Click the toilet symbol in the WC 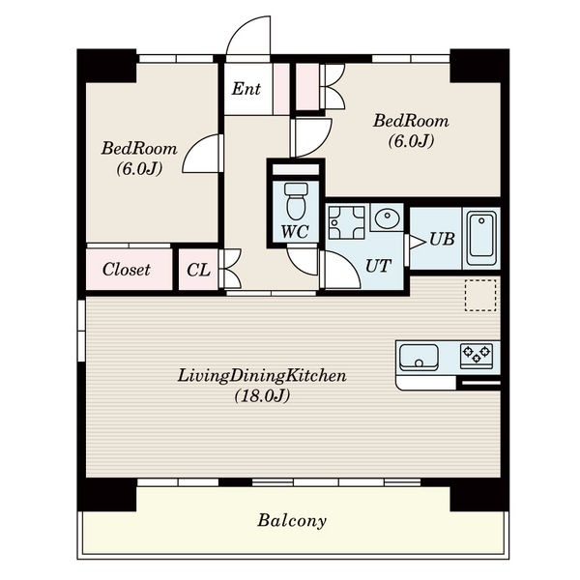[295, 201]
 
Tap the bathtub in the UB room [481, 238]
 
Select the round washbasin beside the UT [387, 218]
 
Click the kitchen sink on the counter [420, 357]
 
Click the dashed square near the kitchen [480, 295]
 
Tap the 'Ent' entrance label [246, 89]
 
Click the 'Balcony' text [292, 520]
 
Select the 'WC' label [295, 232]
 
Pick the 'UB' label [442, 240]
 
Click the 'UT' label [378, 266]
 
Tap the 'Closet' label [127, 270]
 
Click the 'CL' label [198, 270]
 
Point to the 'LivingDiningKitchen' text [262, 376]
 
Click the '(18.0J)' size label [262, 396]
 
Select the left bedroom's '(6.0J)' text [140, 169]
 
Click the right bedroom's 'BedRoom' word [411, 121]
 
